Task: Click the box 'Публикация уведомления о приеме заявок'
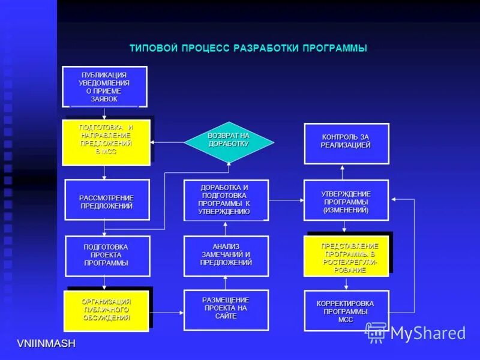pos(105,86)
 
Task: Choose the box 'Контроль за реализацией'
pos(346,143)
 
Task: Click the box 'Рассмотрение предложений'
pos(107,200)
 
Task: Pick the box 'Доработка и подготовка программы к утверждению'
pos(226,200)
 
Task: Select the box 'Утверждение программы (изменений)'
pos(346,200)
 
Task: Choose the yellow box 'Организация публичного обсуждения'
pos(106,311)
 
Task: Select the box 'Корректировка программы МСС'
pos(346,310)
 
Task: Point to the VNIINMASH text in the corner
pos(46,343)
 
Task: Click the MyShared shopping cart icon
pos(376,332)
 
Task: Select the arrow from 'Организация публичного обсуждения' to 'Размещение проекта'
pos(166,312)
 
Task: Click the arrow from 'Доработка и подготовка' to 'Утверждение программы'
pos(286,200)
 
